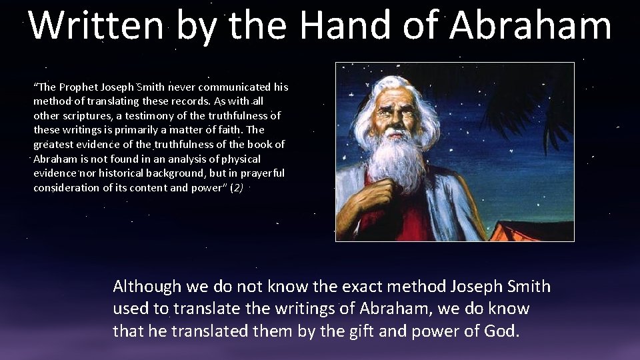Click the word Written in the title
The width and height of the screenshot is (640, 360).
[97, 25]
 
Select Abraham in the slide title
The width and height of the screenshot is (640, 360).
[530, 25]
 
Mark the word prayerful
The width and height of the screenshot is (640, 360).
[263, 173]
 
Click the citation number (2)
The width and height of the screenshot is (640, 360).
[237, 188]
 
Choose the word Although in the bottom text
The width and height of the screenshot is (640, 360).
[147, 287]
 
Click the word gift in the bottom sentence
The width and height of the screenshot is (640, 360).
[364, 331]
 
